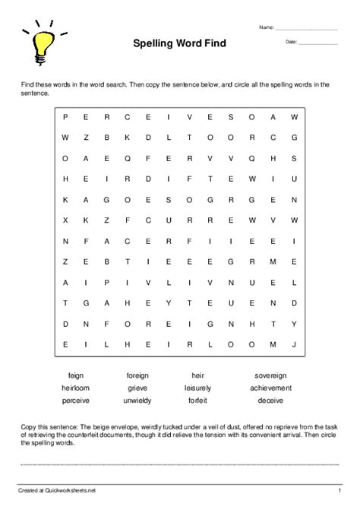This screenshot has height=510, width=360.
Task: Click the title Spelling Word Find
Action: click(180, 44)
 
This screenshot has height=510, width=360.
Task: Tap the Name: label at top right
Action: click(266, 27)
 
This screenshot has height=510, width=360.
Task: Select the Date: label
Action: click(292, 42)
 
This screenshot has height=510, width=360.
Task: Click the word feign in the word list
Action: click(76, 375)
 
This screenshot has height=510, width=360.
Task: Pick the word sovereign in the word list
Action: click(270, 375)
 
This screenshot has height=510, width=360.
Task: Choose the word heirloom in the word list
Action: click(76, 387)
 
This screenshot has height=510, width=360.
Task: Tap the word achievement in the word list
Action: click(270, 387)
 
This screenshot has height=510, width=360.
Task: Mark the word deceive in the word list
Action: click(270, 399)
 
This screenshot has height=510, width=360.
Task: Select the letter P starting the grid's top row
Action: click(66, 116)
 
